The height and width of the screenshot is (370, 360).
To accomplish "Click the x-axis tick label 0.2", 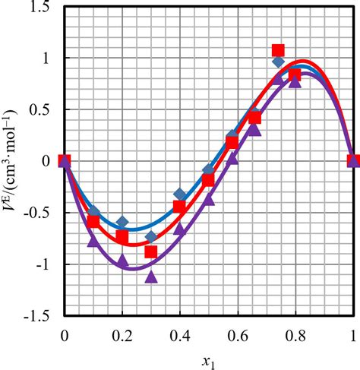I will click(122, 332).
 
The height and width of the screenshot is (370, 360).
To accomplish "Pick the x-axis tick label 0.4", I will click(180, 332).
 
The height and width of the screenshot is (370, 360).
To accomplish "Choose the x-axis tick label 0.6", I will click(238, 332).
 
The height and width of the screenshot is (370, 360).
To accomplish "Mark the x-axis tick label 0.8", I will click(295, 332).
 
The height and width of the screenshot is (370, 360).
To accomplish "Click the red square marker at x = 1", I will click(353, 160).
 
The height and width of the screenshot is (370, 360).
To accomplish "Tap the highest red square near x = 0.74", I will click(278, 50).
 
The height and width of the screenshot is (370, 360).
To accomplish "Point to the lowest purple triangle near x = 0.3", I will click(151, 277).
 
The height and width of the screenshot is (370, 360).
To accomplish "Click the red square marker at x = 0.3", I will click(151, 251).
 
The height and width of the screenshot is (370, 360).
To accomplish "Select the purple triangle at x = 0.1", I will click(93, 242).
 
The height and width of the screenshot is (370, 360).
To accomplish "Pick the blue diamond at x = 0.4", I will click(180, 194).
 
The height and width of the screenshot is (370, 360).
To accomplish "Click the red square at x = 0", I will click(65, 160).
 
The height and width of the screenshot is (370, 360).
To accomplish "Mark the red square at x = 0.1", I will click(93, 221).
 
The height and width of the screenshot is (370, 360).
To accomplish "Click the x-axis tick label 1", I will click(353, 332).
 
